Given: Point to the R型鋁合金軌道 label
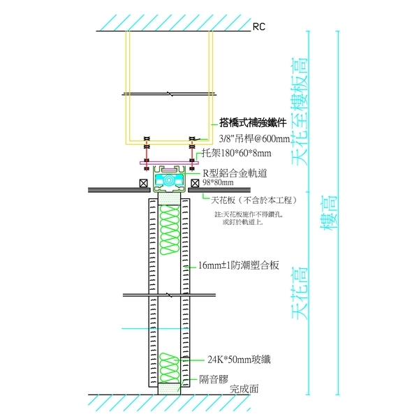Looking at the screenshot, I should click(237, 172).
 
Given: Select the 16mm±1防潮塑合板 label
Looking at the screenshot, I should click(238, 265).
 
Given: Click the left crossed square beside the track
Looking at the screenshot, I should click(143, 183).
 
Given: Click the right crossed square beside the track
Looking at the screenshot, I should click(195, 183).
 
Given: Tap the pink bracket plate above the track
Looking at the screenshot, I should click(168, 163).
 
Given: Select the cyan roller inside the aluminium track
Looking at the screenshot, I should click(168, 181).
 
